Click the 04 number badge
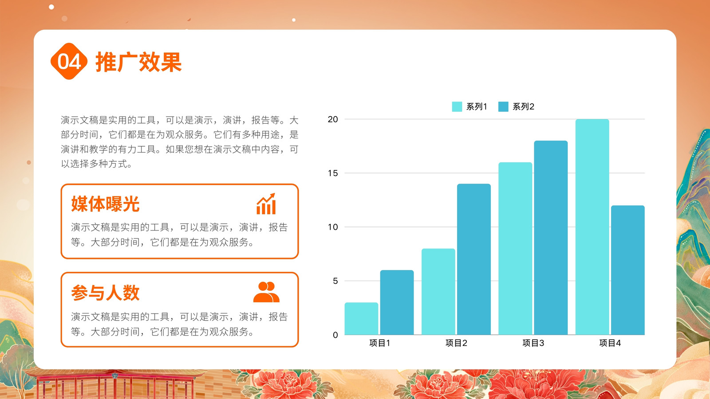[69, 61]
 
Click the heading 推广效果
[138, 62]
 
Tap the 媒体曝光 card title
[105, 203]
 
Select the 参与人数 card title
[105, 293]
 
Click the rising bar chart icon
[266, 204]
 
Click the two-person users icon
[266, 292]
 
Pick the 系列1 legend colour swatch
[457, 107]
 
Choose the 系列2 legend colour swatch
[503, 107]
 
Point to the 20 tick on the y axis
[333, 119]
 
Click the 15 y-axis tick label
[333, 173]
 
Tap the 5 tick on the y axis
[335, 281]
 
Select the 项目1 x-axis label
[379, 343]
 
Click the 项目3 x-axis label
[533, 343]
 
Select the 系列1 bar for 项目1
[361, 319]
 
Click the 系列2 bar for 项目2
[474, 259]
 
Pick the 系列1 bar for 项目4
[592, 227]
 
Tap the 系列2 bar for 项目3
[551, 238]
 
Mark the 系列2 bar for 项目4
[628, 270]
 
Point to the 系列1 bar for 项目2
[438, 292]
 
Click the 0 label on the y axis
[335, 335]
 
